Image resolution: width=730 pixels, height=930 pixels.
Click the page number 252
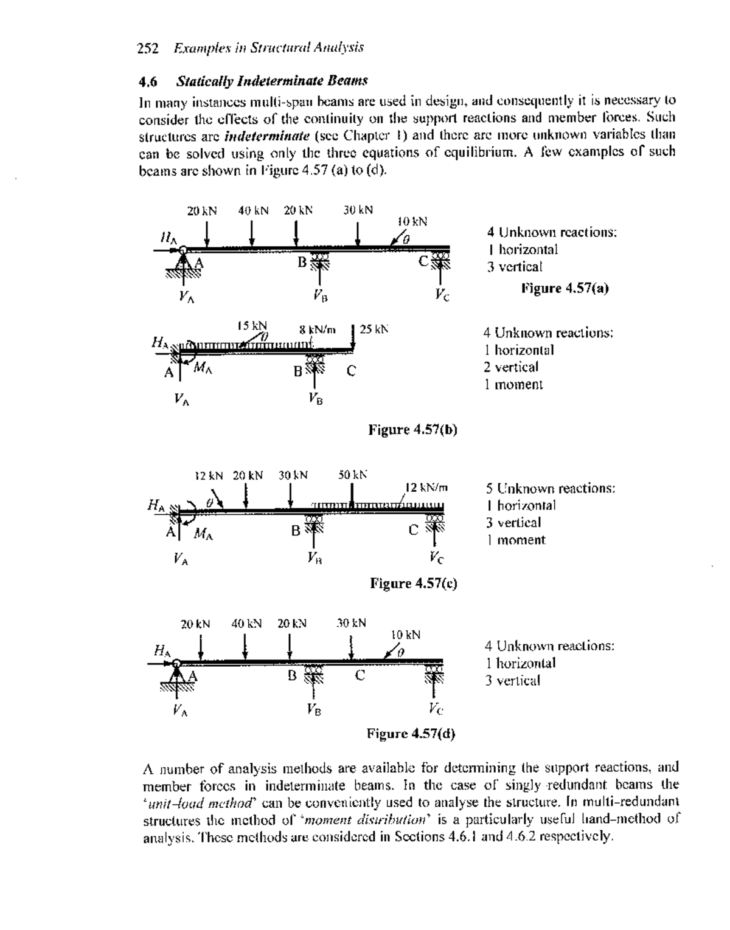click(x=148, y=47)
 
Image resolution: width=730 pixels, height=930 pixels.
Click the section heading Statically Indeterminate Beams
click(x=271, y=81)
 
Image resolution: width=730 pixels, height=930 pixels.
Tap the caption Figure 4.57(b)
click(x=413, y=430)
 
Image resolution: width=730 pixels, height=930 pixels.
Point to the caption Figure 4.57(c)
click(x=414, y=584)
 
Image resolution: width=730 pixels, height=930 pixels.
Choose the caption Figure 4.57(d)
click(x=411, y=733)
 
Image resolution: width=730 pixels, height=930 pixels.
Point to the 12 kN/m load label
click(x=426, y=487)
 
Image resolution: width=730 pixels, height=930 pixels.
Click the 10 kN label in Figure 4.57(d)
click(x=405, y=635)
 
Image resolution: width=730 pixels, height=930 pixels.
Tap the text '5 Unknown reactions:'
click(x=551, y=488)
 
